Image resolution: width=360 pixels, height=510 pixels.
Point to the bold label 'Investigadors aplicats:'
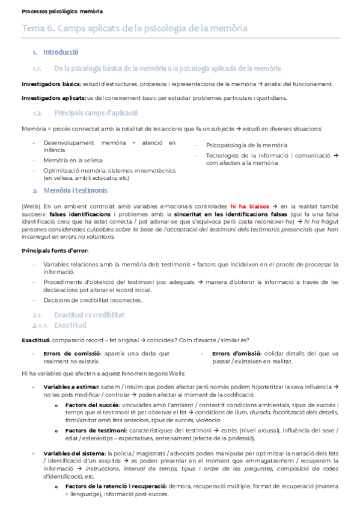(x=46, y=98)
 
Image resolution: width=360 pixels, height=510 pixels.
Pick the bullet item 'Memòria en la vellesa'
(x=73, y=161)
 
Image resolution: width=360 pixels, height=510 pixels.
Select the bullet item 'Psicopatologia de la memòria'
(x=246, y=146)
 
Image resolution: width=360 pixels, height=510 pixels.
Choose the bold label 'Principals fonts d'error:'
(x=55, y=250)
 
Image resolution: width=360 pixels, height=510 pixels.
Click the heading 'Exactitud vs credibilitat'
(x=89, y=315)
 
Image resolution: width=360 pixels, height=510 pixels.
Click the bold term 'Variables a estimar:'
(x=73, y=386)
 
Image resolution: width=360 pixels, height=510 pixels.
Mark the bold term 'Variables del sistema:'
(x=75, y=452)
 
